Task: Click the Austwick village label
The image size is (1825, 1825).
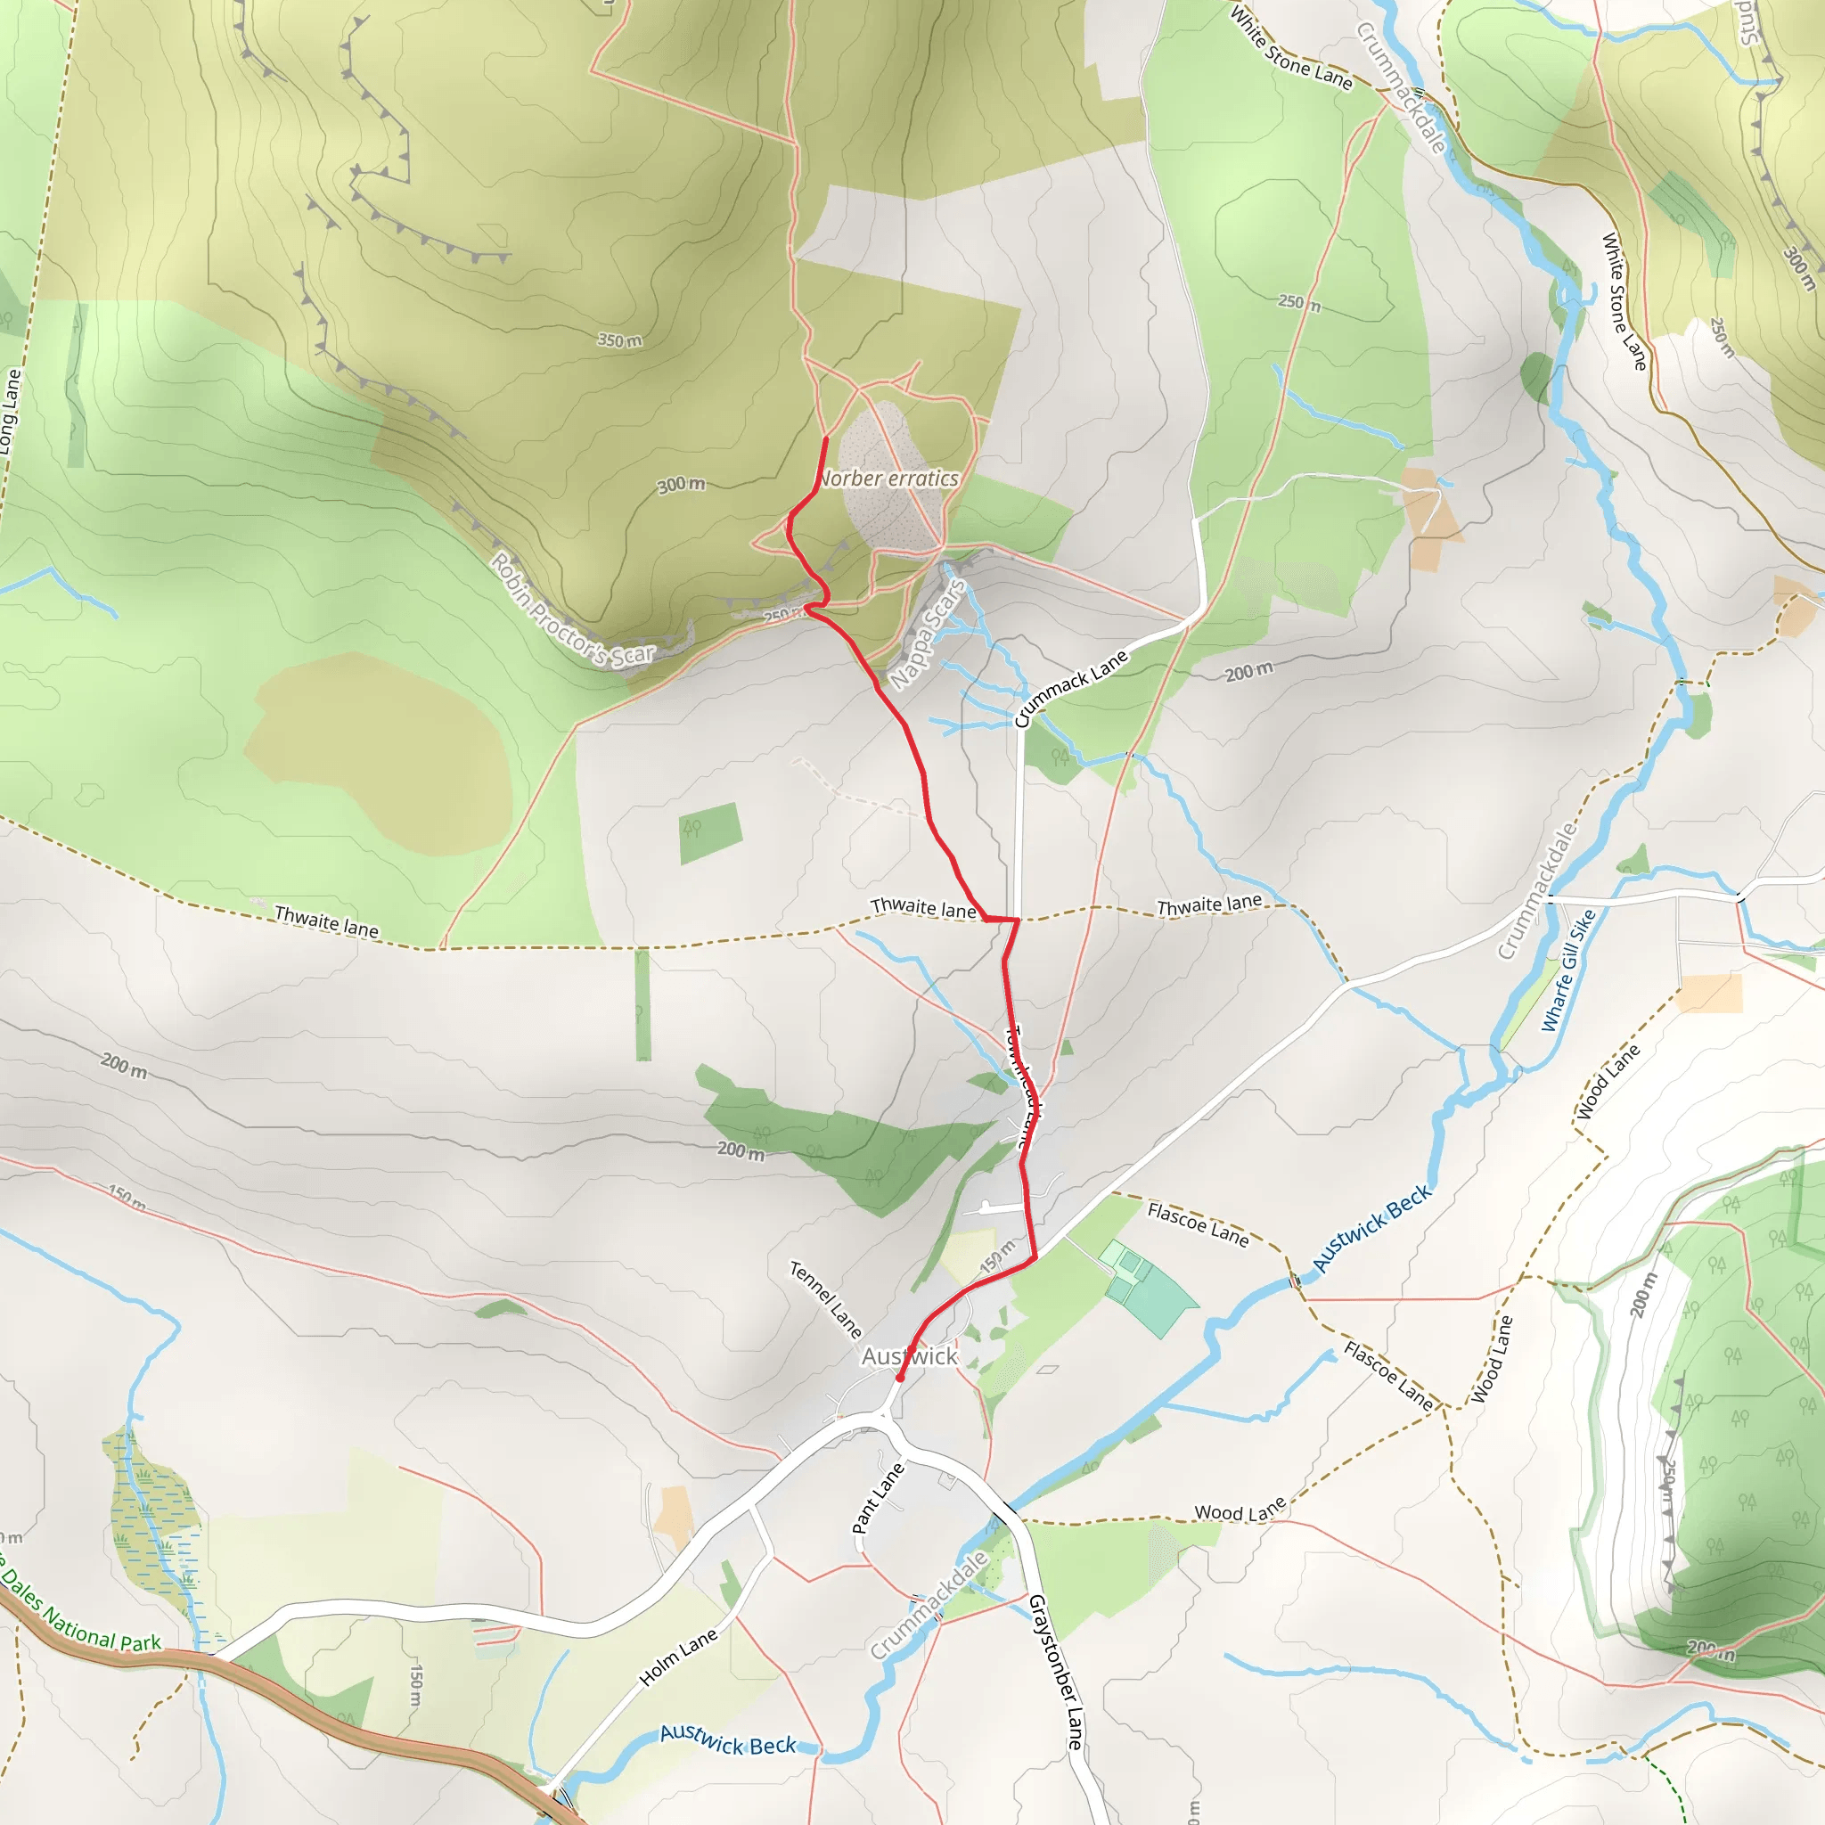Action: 909,1356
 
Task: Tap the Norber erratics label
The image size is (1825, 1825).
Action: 888,479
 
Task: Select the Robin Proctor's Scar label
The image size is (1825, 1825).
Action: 572,610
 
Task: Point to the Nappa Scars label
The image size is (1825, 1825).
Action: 928,634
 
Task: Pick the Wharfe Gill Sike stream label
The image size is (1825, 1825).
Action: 1567,970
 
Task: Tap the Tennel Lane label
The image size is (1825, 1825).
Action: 825,1300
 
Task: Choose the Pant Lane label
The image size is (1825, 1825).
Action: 878,1498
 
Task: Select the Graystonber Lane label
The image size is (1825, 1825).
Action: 1054,1672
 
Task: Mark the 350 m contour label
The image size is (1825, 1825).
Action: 619,340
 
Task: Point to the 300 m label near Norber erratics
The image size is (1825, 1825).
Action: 681,485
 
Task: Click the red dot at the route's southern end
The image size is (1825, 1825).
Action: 900,1379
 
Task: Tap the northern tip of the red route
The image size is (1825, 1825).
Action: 827,439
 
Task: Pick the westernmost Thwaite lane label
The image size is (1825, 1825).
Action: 326,921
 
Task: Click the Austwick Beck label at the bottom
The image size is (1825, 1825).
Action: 727,1740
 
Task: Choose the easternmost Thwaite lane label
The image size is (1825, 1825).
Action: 1209,905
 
